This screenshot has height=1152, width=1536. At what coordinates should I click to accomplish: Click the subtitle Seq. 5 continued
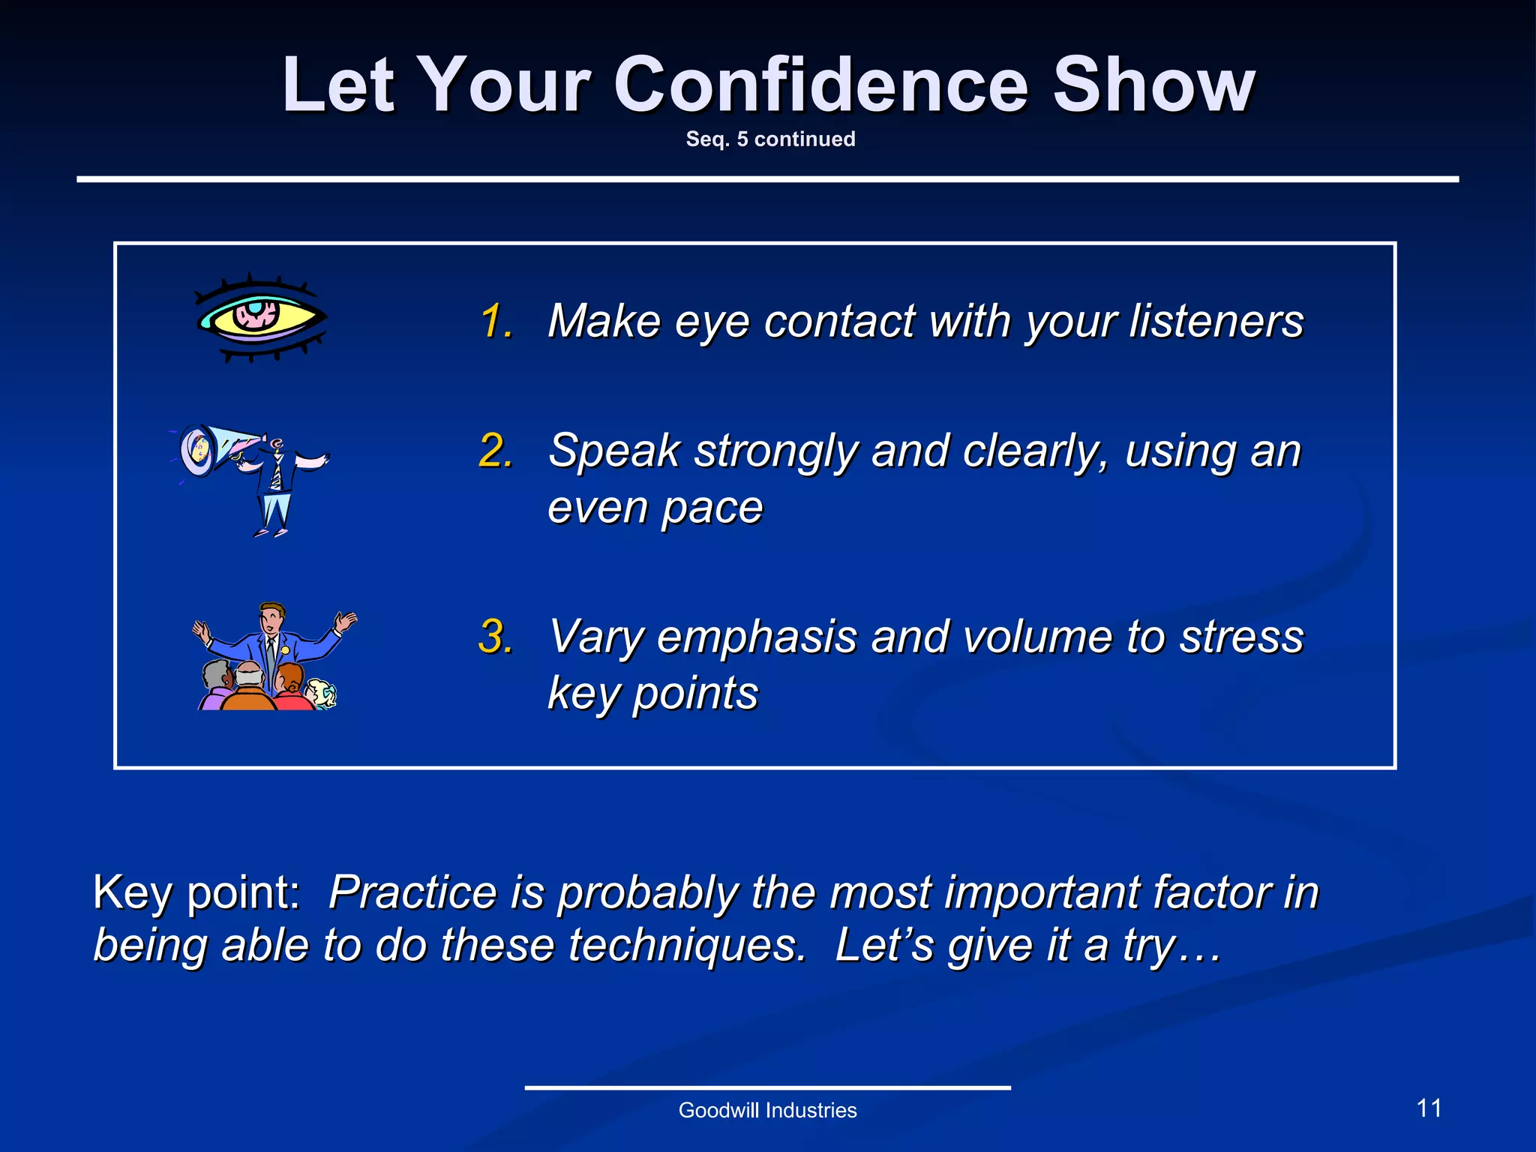770,139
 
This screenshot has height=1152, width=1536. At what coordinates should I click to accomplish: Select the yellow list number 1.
496,322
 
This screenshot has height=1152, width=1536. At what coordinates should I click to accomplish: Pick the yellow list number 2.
496,451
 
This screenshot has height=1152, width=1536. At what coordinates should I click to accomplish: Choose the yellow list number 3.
496,637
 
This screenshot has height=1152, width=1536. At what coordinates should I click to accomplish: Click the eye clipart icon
259,318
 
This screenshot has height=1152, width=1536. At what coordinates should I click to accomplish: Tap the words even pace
655,508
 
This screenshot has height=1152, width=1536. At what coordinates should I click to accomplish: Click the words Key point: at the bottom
196,892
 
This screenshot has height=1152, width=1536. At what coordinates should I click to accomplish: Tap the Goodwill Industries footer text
767,1110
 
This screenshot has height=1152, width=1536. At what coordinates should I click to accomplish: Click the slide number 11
1429,1108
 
